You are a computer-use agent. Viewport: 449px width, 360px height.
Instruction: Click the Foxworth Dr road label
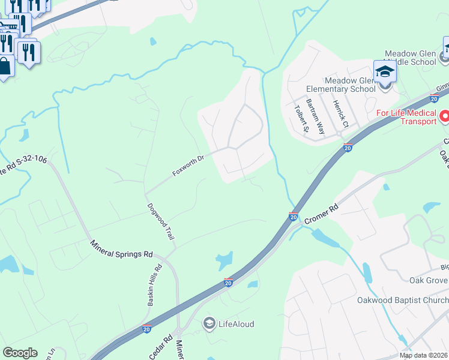(188, 166)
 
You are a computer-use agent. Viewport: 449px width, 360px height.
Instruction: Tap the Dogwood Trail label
(161, 221)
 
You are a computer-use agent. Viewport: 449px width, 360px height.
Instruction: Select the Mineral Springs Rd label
(122, 249)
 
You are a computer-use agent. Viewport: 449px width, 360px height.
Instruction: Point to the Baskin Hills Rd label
(155, 286)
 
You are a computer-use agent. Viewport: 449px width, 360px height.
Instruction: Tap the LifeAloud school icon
(209, 324)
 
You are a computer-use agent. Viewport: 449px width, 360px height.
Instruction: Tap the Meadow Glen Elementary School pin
(385, 73)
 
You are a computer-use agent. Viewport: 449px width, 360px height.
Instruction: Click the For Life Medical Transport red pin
(444, 115)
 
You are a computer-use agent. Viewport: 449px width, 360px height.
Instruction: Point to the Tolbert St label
(301, 117)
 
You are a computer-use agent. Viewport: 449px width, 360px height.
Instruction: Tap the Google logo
(20, 353)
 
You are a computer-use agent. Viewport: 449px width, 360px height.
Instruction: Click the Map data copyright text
(423, 355)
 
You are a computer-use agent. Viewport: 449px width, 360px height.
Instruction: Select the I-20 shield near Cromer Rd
(294, 215)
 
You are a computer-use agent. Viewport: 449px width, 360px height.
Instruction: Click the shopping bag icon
(4, 67)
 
